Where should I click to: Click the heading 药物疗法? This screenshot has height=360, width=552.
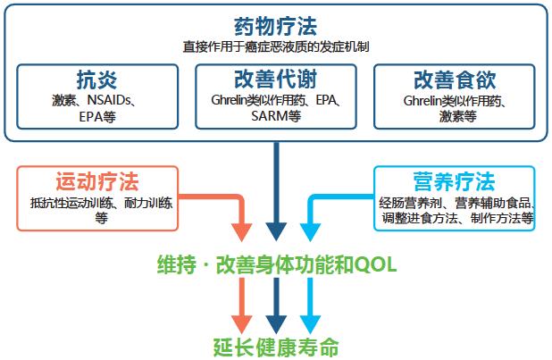point(275,25)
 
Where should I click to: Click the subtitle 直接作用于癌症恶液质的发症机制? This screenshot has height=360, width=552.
point(275,44)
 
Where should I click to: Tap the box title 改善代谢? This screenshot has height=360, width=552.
point(276,78)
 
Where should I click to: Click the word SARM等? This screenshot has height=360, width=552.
point(276,115)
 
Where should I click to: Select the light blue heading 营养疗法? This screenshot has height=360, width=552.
point(454,183)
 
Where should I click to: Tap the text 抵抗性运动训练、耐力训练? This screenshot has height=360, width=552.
point(101,203)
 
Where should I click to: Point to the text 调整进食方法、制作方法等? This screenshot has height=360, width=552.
point(456,217)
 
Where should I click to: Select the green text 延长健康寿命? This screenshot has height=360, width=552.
point(276,347)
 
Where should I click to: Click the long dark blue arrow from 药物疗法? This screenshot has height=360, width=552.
point(276,192)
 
